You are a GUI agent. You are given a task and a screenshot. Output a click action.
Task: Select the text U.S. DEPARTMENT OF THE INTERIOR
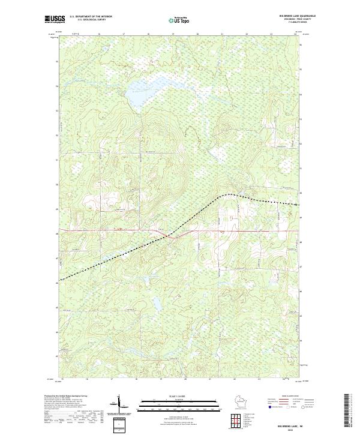point(91,17)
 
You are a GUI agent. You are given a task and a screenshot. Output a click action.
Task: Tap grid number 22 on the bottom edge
point(235,379)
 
